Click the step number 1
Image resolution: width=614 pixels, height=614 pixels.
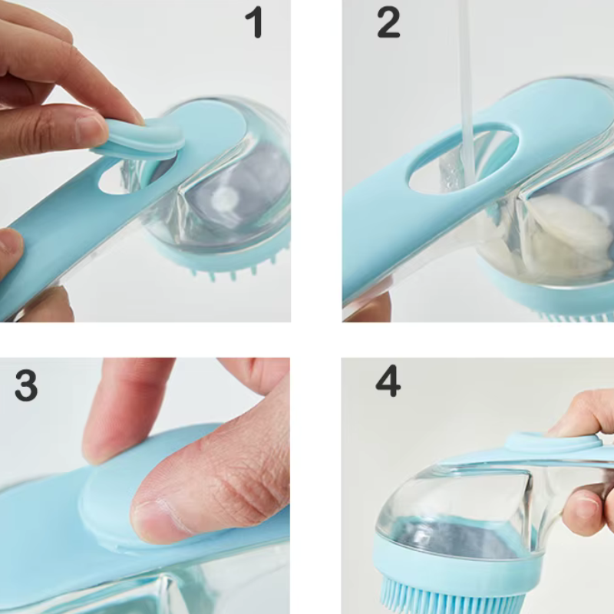point(254,23)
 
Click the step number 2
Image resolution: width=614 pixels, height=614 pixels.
point(388,23)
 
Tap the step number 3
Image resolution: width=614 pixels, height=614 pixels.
point(26,386)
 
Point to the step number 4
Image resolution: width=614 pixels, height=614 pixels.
point(388,381)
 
